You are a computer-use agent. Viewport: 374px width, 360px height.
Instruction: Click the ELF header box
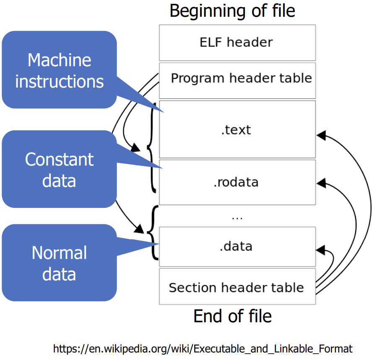pos(237,42)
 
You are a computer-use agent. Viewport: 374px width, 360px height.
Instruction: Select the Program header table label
pos(241,78)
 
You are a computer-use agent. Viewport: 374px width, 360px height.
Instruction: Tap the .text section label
pos(236,130)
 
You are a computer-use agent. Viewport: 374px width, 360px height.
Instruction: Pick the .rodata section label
pos(236,182)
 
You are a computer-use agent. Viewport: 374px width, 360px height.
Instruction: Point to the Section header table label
pos(236,287)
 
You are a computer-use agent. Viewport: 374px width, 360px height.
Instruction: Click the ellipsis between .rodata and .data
pos(237,217)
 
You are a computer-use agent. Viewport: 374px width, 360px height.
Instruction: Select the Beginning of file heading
pos(232,11)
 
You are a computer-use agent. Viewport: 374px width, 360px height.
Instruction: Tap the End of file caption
pos(232,316)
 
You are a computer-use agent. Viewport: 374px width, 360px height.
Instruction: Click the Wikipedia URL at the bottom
pos(203,348)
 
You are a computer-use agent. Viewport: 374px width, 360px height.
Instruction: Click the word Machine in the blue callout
pos(59,60)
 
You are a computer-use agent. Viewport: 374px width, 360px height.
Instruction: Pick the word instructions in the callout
pos(59,81)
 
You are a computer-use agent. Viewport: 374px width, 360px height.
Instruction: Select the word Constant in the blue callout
pos(59,160)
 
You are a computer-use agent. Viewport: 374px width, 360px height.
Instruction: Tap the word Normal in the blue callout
pos(59,253)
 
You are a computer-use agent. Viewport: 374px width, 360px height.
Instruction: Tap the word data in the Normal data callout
pos(59,274)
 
